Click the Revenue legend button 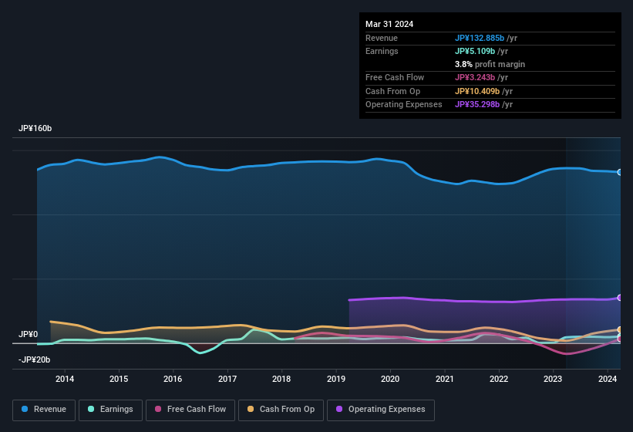coord(44,410)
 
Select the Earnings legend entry coord(111,410)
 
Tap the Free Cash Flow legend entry coord(190,410)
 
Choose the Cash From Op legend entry coord(281,410)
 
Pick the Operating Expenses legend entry coord(380,410)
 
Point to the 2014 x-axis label coord(65,379)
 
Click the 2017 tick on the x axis coord(227,379)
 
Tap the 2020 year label coord(390,379)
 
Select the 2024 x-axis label coord(608,379)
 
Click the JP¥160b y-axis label coord(35,128)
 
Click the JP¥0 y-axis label coord(29,334)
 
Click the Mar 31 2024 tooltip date coord(389,24)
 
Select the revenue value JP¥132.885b coord(480,38)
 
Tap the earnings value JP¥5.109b coord(476,51)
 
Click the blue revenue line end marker coord(620,172)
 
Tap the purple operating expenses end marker coord(620,298)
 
